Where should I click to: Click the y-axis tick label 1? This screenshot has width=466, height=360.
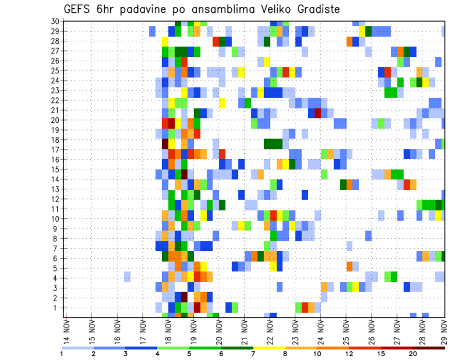click(x=57, y=308)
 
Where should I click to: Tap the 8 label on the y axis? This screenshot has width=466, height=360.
click(x=57, y=238)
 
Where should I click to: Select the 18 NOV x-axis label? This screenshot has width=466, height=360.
click(x=168, y=331)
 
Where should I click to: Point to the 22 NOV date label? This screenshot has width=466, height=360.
click(x=269, y=331)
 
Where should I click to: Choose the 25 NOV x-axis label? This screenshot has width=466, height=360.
click(x=346, y=331)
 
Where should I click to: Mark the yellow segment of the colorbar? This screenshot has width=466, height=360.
click(x=269, y=348)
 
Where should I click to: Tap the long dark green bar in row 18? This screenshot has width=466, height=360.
click(x=273, y=143)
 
